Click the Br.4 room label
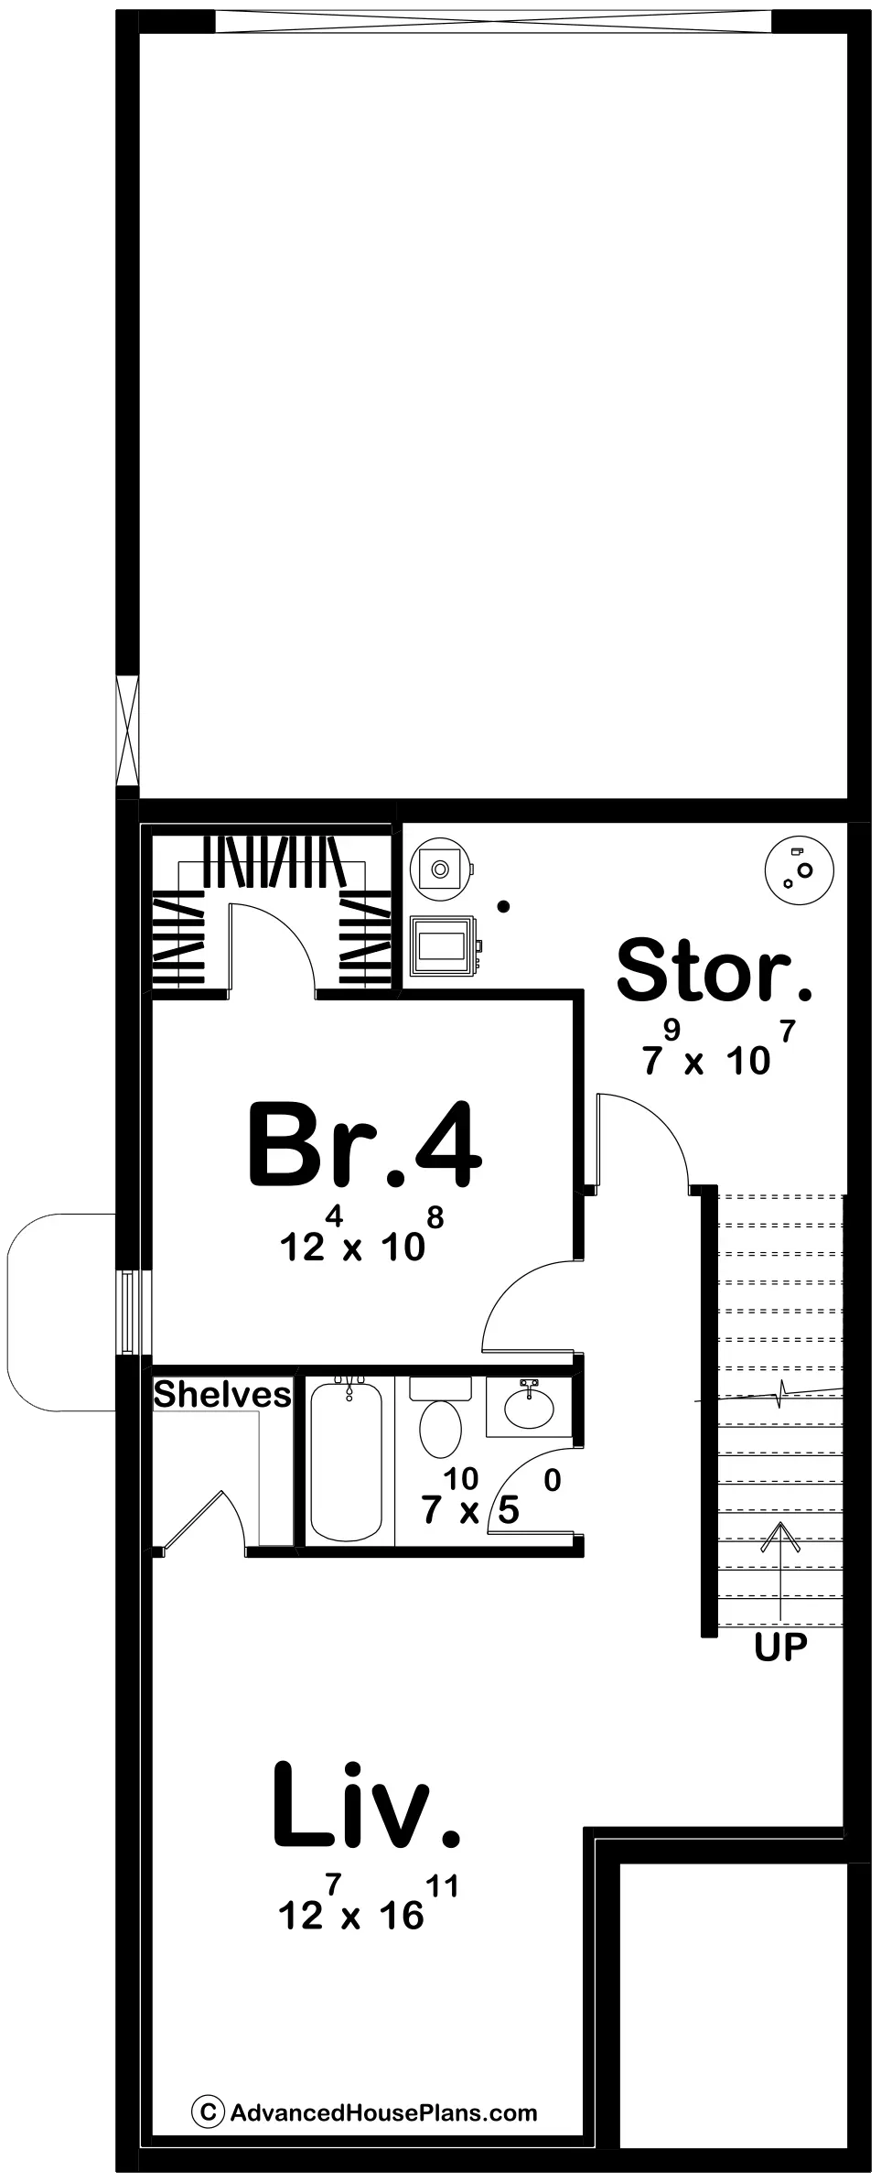(x=363, y=1145)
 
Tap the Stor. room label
(x=714, y=970)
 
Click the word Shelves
(x=222, y=1395)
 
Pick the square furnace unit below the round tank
(x=444, y=945)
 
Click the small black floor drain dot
(x=502, y=907)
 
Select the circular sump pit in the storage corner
(x=798, y=872)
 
